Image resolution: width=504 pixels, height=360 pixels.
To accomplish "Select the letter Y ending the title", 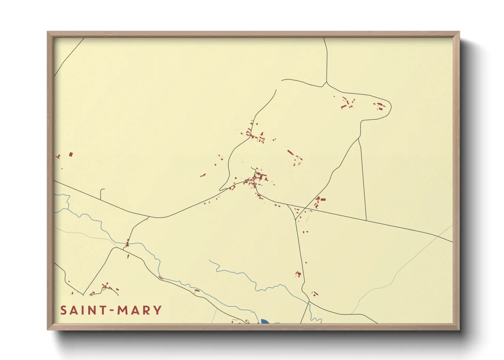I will click(158, 310).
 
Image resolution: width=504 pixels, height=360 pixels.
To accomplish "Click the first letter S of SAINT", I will click(64, 310).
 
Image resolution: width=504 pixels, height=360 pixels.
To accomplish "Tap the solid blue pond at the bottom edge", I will click(265, 322).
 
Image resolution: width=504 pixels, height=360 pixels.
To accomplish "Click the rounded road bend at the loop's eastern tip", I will click(391, 106).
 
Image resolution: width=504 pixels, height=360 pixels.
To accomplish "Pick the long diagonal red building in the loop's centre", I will click(290, 152).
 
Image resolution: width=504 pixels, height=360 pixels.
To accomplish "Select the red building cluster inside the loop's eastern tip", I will click(380, 106).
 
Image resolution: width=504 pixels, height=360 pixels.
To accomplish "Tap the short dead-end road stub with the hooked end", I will click(101, 194).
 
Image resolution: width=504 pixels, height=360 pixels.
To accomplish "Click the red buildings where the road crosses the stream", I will click(127, 243).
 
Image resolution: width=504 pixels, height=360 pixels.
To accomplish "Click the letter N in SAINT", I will click(93, 310).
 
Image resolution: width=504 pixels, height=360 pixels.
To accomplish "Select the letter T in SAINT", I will click(103, 310).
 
